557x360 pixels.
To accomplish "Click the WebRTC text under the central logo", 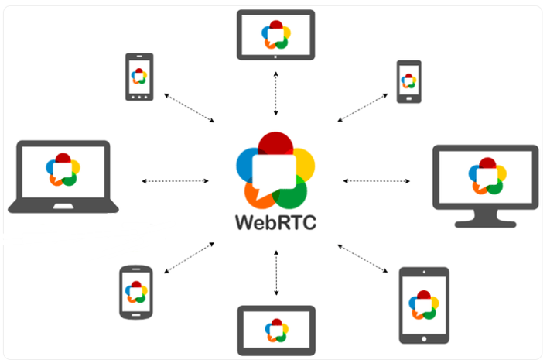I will click(x=276, y=221).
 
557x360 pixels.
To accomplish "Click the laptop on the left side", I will click(x=63, y=177).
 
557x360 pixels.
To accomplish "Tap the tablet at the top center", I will click(x=275, y=35).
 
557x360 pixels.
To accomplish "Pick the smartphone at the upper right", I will click(x=408, y=81).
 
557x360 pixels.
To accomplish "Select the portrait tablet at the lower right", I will click(x=423, y=304).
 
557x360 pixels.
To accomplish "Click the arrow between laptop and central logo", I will click(x=176, y=181).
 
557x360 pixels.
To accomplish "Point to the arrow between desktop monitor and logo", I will click(x=377, y=181).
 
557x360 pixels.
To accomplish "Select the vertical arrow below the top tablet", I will click(x=276, y=91).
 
